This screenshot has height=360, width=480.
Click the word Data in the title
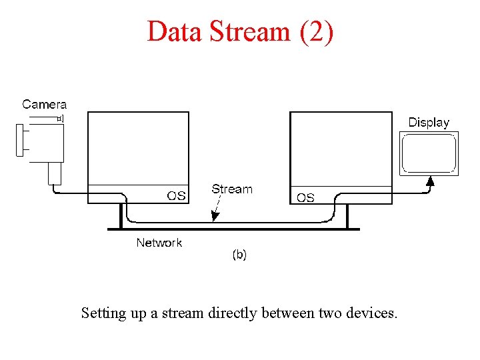point(174,31)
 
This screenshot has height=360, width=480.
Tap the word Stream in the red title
point(247,31)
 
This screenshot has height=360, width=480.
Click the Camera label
point(45,104)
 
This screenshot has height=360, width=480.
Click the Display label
point(429,122)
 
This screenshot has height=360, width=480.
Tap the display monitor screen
point(429,153)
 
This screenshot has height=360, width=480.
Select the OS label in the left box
point(176,195)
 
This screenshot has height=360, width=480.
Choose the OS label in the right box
point(305,197)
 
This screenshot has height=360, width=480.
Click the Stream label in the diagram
point(232,189)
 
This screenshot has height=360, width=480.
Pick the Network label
point(159,243)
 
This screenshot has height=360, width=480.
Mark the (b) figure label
point(239,254)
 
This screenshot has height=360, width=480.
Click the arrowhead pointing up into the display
point(430,179)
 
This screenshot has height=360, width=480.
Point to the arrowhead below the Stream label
point(213,216)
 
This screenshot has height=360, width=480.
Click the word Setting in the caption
point(103,313)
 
